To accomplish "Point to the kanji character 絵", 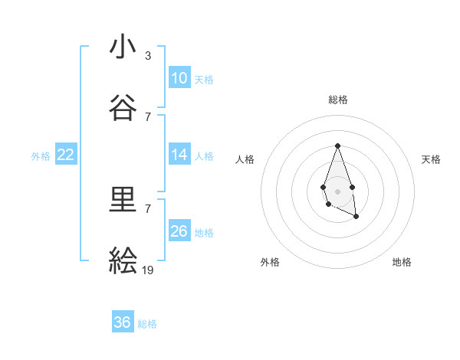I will [123, 261].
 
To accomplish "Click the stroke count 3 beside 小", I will [148, 56].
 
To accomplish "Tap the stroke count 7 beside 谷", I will [148, 116].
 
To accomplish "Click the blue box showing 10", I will [179, 78].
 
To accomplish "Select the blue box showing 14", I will [179, 155].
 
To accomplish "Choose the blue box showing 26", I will [179, 231].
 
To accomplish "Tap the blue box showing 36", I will [123, 322].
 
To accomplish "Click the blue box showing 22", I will [66, 155].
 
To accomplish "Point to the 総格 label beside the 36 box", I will [147, 324].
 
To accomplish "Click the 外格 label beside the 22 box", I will [41, 155].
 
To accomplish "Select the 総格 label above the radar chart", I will [338, 100].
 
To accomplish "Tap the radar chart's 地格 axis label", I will [402, 262].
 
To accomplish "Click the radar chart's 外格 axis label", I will [270, 262].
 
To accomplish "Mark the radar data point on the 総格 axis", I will [337, 146].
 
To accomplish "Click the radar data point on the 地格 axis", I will [356, 217].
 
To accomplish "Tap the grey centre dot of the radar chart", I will [337, 190].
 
